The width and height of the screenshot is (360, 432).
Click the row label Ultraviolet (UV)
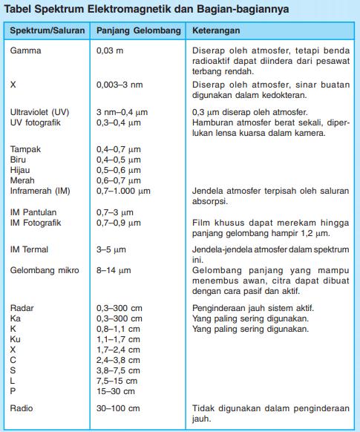tap(40, 111)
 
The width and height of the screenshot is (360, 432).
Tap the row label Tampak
tap(26, 149)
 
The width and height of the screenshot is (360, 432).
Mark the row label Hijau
tap(21, 170)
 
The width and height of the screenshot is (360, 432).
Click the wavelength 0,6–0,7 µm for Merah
tap(118, 180)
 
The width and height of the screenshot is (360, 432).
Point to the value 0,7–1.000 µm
tap(123, 191)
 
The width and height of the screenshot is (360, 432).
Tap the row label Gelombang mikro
tap(44, 271)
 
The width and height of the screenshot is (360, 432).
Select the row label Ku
tap(16, 338)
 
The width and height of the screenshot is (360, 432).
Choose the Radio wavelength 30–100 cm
tap(119, 408)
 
